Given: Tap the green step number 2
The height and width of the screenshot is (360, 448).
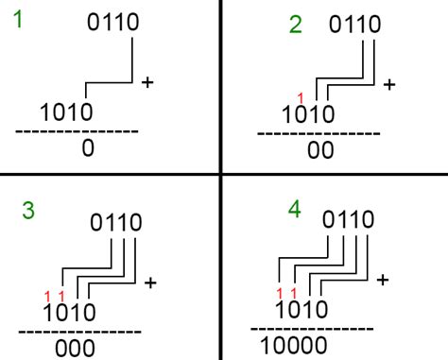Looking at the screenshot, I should tap(295, 26).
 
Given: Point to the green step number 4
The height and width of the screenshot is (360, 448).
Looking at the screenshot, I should tap(296, 209).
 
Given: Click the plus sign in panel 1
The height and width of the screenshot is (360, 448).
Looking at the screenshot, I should tap(147, 83).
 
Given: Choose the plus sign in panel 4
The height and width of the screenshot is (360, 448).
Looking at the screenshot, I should tap(383, 280).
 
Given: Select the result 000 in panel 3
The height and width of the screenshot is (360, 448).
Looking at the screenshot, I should tap(75, 348).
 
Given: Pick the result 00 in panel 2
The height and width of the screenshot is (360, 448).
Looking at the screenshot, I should tap(321, 151).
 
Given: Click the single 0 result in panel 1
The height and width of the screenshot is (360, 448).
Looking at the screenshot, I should tap(89, 149).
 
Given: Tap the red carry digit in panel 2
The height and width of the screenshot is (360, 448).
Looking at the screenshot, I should tap(300, 97).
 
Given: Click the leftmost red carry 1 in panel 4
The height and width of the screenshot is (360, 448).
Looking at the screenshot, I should tap(281, 293).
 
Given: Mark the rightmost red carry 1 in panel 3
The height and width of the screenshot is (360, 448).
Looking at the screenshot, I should tap(61, 296).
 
